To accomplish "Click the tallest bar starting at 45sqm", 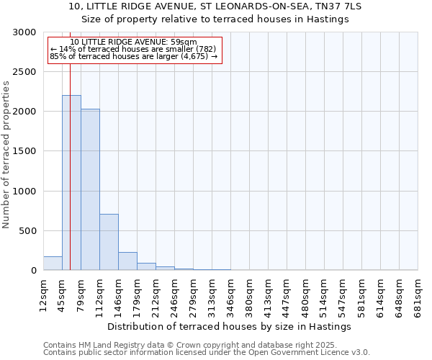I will [71, 183].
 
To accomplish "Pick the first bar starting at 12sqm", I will [53, 264].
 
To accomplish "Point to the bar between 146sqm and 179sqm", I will [127, 261].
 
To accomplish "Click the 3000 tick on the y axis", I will [23, 32].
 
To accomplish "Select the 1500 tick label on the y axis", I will [23, 152].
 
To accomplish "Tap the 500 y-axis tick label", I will [27, 231].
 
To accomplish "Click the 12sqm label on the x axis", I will [43, 293].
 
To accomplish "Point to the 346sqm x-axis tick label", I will [230, 293].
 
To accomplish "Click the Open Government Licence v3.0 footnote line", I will [207, 353].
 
